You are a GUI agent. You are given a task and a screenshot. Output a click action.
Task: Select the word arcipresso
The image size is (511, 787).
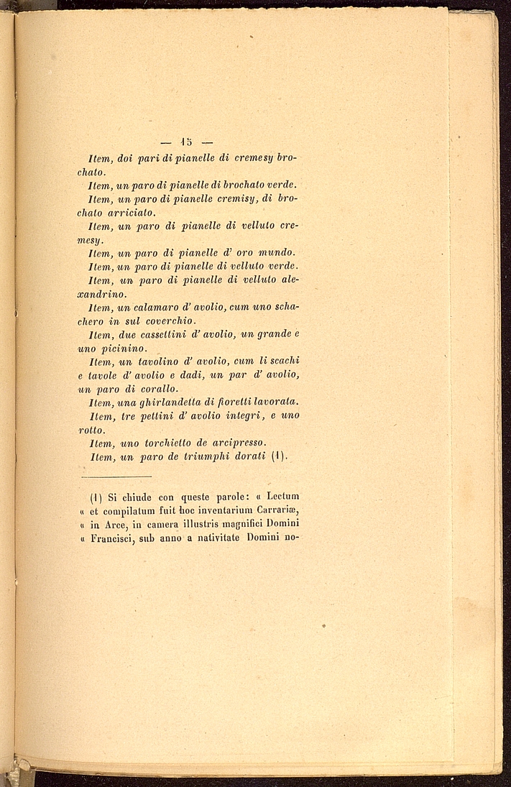[233, 443]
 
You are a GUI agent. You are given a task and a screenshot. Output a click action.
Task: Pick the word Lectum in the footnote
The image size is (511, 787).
[282, 496]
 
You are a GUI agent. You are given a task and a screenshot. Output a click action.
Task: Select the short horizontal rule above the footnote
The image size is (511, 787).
[116, 477]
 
